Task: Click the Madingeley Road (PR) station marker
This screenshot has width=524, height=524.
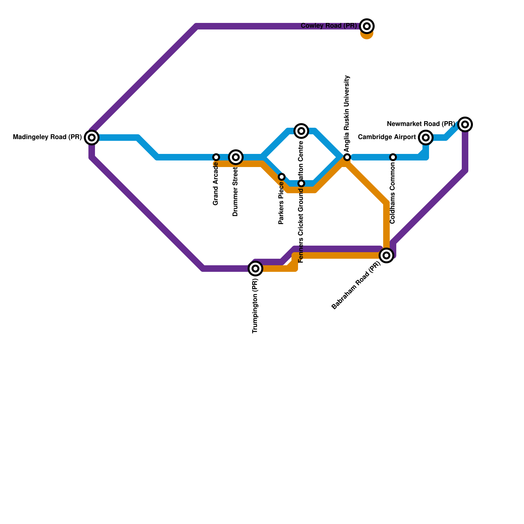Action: [x=92, y=138]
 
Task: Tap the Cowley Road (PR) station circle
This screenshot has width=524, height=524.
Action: [x=367, y=26]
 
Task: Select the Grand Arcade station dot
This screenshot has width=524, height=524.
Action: [x=216, y=157]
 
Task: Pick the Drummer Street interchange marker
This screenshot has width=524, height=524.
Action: [x=236, y=157]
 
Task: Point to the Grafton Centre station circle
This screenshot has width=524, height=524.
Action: [x=301, y=131]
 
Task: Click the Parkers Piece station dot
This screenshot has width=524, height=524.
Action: [x=282, y=177]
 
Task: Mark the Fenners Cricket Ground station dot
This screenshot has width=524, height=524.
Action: [x=301, y=183]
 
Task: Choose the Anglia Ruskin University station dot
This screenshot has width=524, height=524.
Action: [x=347, y=157]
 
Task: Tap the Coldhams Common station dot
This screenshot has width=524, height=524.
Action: [x=393, y=157]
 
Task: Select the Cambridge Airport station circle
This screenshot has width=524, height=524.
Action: [x=426, y=138]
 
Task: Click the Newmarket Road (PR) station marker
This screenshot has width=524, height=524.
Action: [x=465, y=124]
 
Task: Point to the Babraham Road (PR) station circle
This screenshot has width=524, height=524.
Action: [x=386, y=255]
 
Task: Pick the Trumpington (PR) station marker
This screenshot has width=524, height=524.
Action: [x=255, y=269]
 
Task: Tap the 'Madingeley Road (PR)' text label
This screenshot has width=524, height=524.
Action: [x=47, y=138]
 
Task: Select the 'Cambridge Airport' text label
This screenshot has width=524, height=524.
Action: [x=387, y=137]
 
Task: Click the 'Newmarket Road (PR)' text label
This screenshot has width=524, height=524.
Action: [x=421, y=124]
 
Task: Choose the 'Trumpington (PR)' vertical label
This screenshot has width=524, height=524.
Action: [x=255, y=306]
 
